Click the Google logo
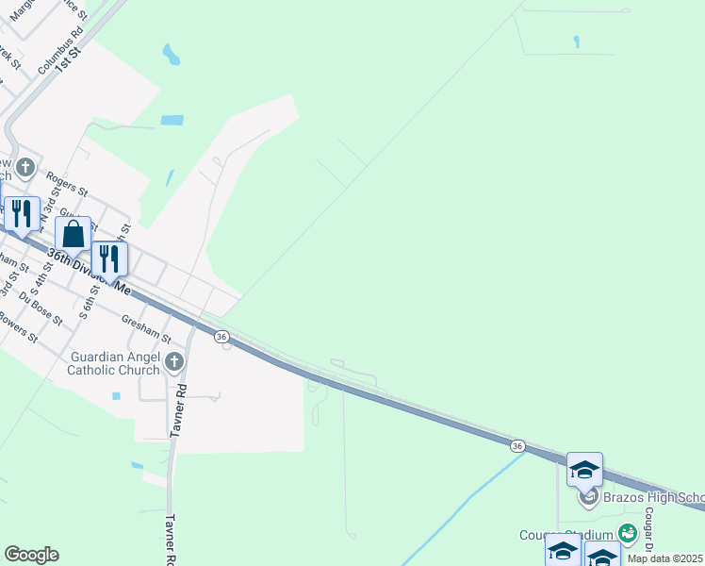coord(31,555)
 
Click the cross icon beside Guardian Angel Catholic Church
coord(173,362)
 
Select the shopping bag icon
coord(74,235)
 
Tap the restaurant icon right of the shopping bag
coord(109,258)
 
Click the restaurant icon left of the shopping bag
coord(21,214)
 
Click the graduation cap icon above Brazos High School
coord(584,470)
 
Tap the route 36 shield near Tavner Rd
coord(221,337)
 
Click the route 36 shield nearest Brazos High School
coord(517,445)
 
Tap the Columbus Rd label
coord(60,52)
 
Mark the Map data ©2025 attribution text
coord(665,558)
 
